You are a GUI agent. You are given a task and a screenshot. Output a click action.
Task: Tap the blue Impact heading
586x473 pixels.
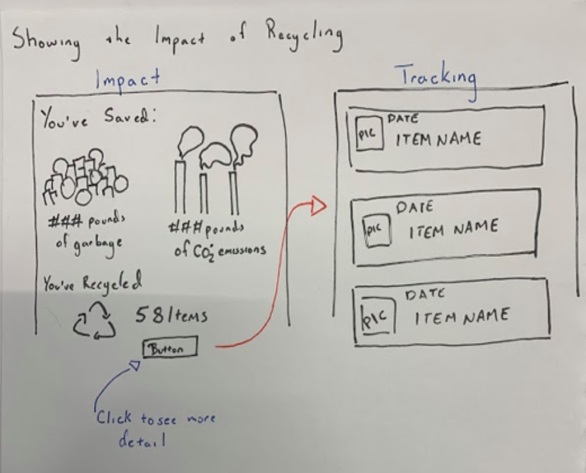tap(128, 79)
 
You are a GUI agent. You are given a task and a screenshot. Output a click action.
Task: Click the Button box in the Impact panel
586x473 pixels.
tap(169, 349)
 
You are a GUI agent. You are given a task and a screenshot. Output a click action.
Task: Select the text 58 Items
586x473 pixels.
tap(171, 315)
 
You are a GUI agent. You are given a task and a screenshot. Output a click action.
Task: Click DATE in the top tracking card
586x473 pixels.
tap(403, 119)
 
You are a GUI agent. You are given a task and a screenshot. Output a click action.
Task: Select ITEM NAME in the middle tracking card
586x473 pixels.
tap(453, 229)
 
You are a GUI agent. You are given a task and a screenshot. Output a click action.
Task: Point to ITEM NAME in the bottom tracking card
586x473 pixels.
tap(462, 316)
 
